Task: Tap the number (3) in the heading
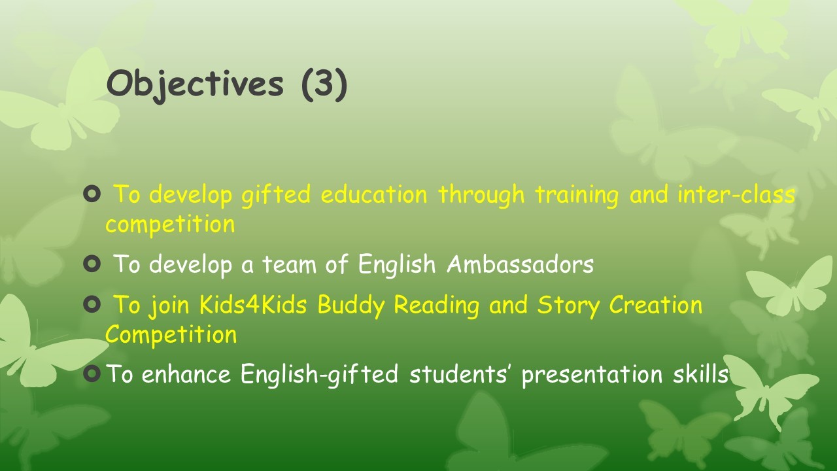[324, 84]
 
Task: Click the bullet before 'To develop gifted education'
[92, 194]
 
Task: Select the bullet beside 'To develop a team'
[92, 264]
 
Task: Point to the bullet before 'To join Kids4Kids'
[92, 304]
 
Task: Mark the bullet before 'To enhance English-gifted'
[92, 374]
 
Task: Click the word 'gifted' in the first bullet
[276, 196]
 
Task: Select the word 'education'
[373, 194]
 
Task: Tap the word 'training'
[577, 196]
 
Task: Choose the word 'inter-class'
[736, 194]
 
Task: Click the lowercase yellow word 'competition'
[170, 225]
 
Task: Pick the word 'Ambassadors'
[520, 264]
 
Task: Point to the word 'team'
[290, 264]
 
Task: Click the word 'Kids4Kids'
[253, 304]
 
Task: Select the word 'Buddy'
[351, 305]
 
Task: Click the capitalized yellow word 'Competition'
[171, 334]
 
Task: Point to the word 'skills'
[700, 374]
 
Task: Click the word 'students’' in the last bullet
[460, 374]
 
